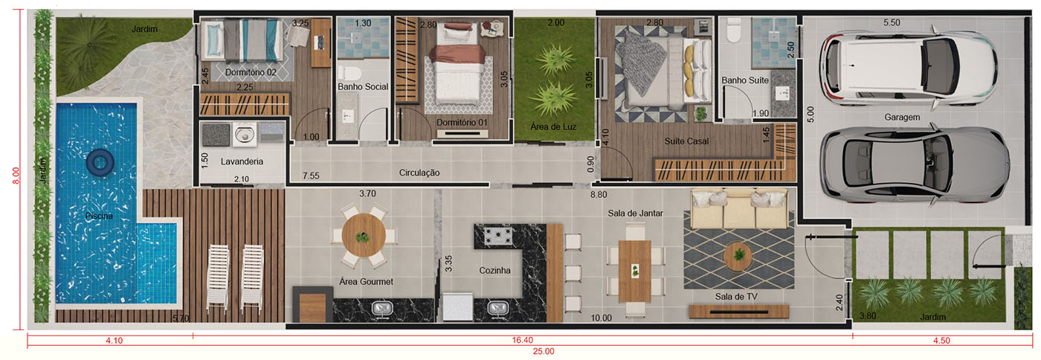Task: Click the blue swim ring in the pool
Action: tap(100, 163)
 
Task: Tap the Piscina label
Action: tap(99, 216)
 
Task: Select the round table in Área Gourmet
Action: tap(364, 235)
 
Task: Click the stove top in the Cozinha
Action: tap(498, 235)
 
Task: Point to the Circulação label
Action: tap(419, 173)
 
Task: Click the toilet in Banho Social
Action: tap(349, 74)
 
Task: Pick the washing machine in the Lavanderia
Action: tap(244, 134)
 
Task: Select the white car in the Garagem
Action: tap(908, 68)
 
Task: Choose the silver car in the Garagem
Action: tap(914, 165)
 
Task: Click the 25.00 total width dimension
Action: tap(544, 352)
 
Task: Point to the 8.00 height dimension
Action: tap(16, 176)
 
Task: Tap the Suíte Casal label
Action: tap(686, 141)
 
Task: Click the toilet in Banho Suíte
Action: tap(733, 30)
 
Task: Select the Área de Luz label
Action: tap(553, 126)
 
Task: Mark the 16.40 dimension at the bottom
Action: tap(522, 341)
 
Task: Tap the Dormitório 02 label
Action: tap(251, 72)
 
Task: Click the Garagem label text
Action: tap(902, 118)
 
